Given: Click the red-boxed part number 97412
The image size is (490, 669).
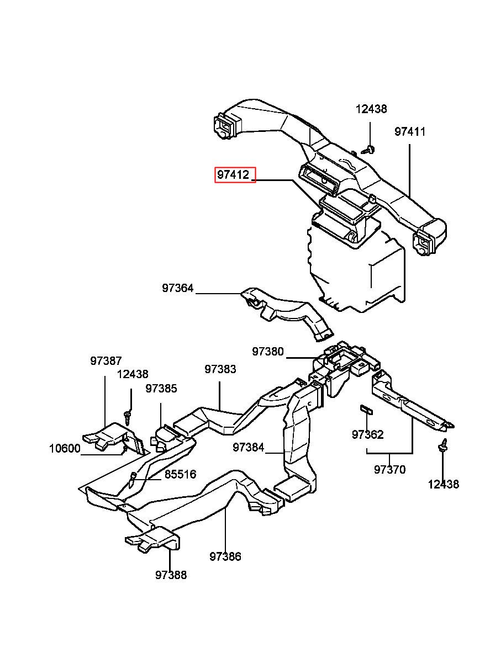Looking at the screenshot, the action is [233, 174].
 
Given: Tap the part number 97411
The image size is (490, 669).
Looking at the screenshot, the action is [409, 132].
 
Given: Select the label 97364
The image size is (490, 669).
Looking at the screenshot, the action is [178, 288].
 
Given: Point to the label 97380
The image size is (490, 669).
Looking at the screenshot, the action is [268, 352].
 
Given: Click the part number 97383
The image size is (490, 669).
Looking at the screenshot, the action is [220, 369].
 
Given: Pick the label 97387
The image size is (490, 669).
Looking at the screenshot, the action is [106, 361].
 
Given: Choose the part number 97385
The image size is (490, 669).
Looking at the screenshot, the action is [161, 389].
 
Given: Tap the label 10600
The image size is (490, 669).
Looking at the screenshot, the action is [65, 448].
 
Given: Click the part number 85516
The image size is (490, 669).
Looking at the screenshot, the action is [181, 474].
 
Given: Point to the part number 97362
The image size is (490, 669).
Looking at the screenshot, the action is [368, 434].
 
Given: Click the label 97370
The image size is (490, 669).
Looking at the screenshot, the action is [390, 470].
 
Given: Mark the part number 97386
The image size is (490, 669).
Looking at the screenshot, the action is [225, 556].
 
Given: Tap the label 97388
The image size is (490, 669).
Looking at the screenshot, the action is [171, 575].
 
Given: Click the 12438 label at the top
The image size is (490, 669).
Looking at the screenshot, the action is [371, 109].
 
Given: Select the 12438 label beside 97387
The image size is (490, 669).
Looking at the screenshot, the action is [133, 374].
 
